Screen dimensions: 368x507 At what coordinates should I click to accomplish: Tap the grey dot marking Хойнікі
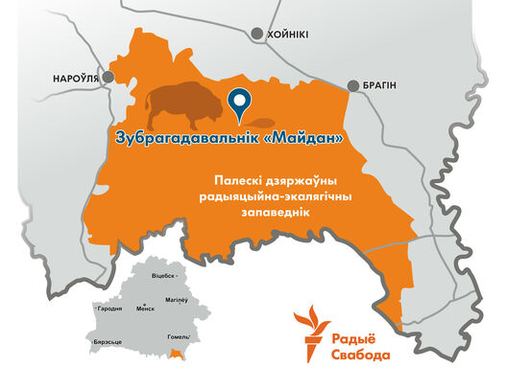pyautogui.click(x=256, y=34)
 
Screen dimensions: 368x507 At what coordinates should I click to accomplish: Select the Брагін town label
pyautogui.click(x=379, y=85)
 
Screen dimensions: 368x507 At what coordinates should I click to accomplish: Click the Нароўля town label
pyautogui.click(x=77, y=79)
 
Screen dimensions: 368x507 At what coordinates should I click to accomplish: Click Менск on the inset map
pyautogui.click(x=145, y=309)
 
